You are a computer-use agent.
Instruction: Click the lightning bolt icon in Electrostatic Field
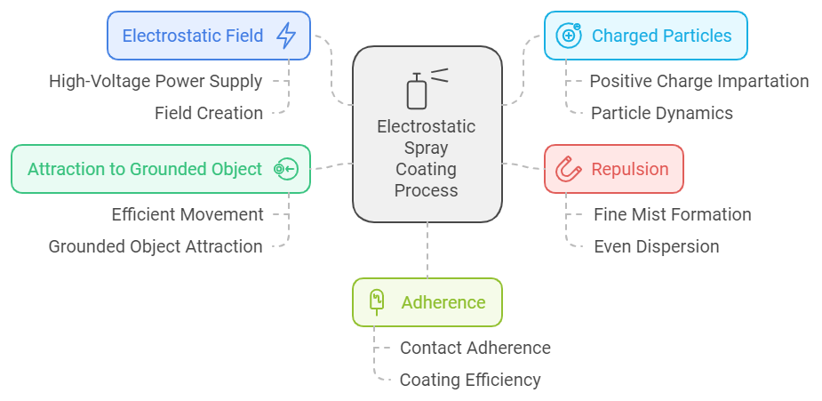coord(286,36)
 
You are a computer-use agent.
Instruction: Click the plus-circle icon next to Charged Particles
coord(568,36)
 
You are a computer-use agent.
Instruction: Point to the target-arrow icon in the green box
coord(285,169)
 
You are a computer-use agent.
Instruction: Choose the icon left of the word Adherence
coord(377,302)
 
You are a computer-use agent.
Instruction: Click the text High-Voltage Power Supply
coord(156,82)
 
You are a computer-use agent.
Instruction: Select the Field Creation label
coord(209,113)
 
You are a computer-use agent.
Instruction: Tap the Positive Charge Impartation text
coord(698,82)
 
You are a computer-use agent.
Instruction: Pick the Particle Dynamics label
coord(661,113)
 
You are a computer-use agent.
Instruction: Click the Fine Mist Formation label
coord(672,214)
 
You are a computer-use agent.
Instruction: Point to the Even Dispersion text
coord(656,246)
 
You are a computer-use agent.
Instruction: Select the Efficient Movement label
coord(188,214)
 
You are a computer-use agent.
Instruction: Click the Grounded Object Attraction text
coord(156,246)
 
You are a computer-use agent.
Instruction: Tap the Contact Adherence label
coord(475,348)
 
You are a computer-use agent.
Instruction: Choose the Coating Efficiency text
coord(470,380)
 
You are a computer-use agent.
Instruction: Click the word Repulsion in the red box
coord(630,169)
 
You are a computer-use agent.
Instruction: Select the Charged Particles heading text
coord(661,36)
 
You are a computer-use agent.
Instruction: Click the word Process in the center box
coord(427,190)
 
